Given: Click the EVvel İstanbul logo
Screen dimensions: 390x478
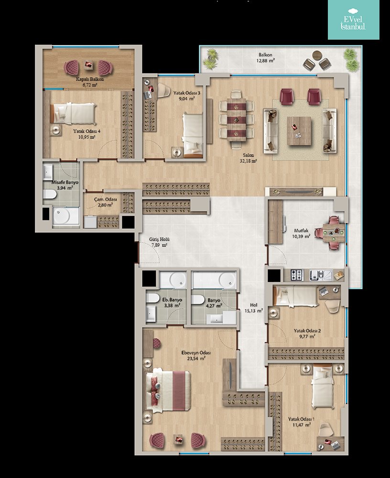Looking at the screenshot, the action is point(353,20).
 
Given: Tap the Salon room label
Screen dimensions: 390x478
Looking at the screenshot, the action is point(249,155).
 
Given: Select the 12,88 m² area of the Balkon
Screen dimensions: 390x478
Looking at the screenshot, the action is point(265,61).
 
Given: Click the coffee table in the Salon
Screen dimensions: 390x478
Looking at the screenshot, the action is point(299,131).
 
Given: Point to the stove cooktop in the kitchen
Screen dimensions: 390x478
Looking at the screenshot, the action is point(297,275).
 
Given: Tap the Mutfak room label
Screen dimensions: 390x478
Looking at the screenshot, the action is point(301,231).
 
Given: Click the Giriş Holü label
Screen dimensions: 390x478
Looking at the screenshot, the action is point(159,239).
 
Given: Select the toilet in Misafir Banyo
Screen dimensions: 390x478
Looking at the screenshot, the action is point(50,194).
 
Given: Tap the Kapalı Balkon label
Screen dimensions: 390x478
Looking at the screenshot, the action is point(90,79).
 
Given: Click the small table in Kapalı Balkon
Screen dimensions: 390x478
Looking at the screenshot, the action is point(89,65).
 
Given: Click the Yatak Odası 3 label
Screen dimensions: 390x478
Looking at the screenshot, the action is point(187,93).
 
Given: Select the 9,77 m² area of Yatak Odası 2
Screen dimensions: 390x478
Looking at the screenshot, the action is point(307,336).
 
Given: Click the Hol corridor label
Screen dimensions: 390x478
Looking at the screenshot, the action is point(254,305).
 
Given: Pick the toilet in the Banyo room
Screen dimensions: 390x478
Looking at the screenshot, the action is point(198,300).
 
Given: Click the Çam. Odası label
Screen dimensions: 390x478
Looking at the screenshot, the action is point(105,199).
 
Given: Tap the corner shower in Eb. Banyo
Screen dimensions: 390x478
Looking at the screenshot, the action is point(173,280).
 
